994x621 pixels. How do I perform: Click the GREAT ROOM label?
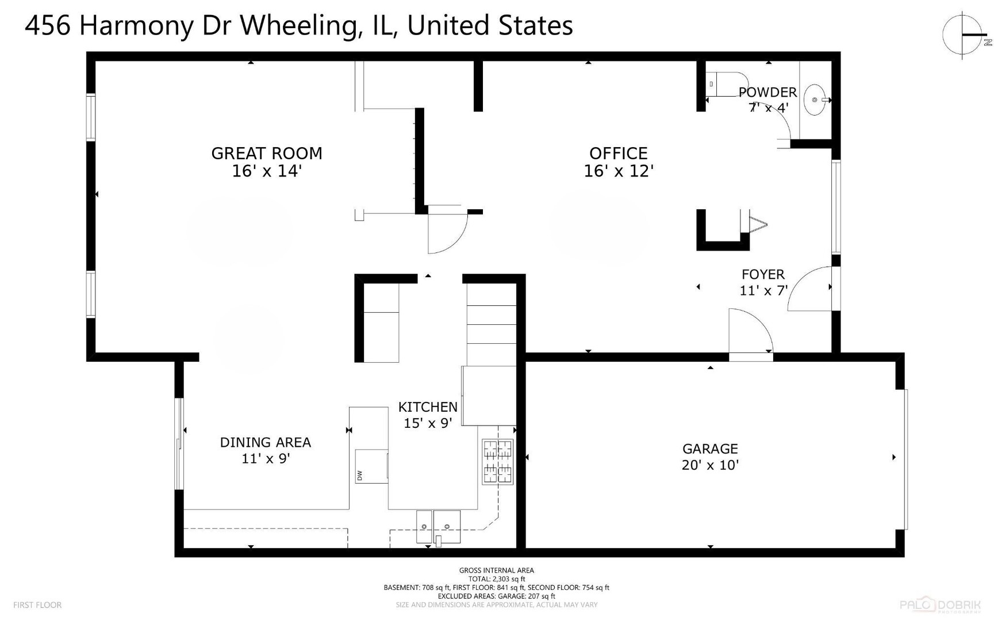pos(266,154)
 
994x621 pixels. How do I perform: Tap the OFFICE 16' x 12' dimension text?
pos(619,171)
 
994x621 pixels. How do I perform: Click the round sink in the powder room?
pos(814,100)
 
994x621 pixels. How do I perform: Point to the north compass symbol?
pos(964,34)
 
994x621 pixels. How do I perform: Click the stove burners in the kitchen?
pos(497,462)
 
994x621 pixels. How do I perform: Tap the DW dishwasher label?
pos(360,476)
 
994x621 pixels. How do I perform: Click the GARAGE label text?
pos(710,449)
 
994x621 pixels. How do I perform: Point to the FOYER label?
pos(763,275)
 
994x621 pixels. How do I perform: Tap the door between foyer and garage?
pos(750,333)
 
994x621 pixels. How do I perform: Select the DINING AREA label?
pos(265,442)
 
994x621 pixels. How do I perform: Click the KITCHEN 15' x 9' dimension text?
pos(428,423)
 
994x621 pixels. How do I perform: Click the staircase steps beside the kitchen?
pos(491,325)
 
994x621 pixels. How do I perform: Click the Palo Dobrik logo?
pos(940,604)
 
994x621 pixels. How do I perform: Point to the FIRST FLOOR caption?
pos(37,605)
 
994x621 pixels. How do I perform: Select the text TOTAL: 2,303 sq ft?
pos(497,579)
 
